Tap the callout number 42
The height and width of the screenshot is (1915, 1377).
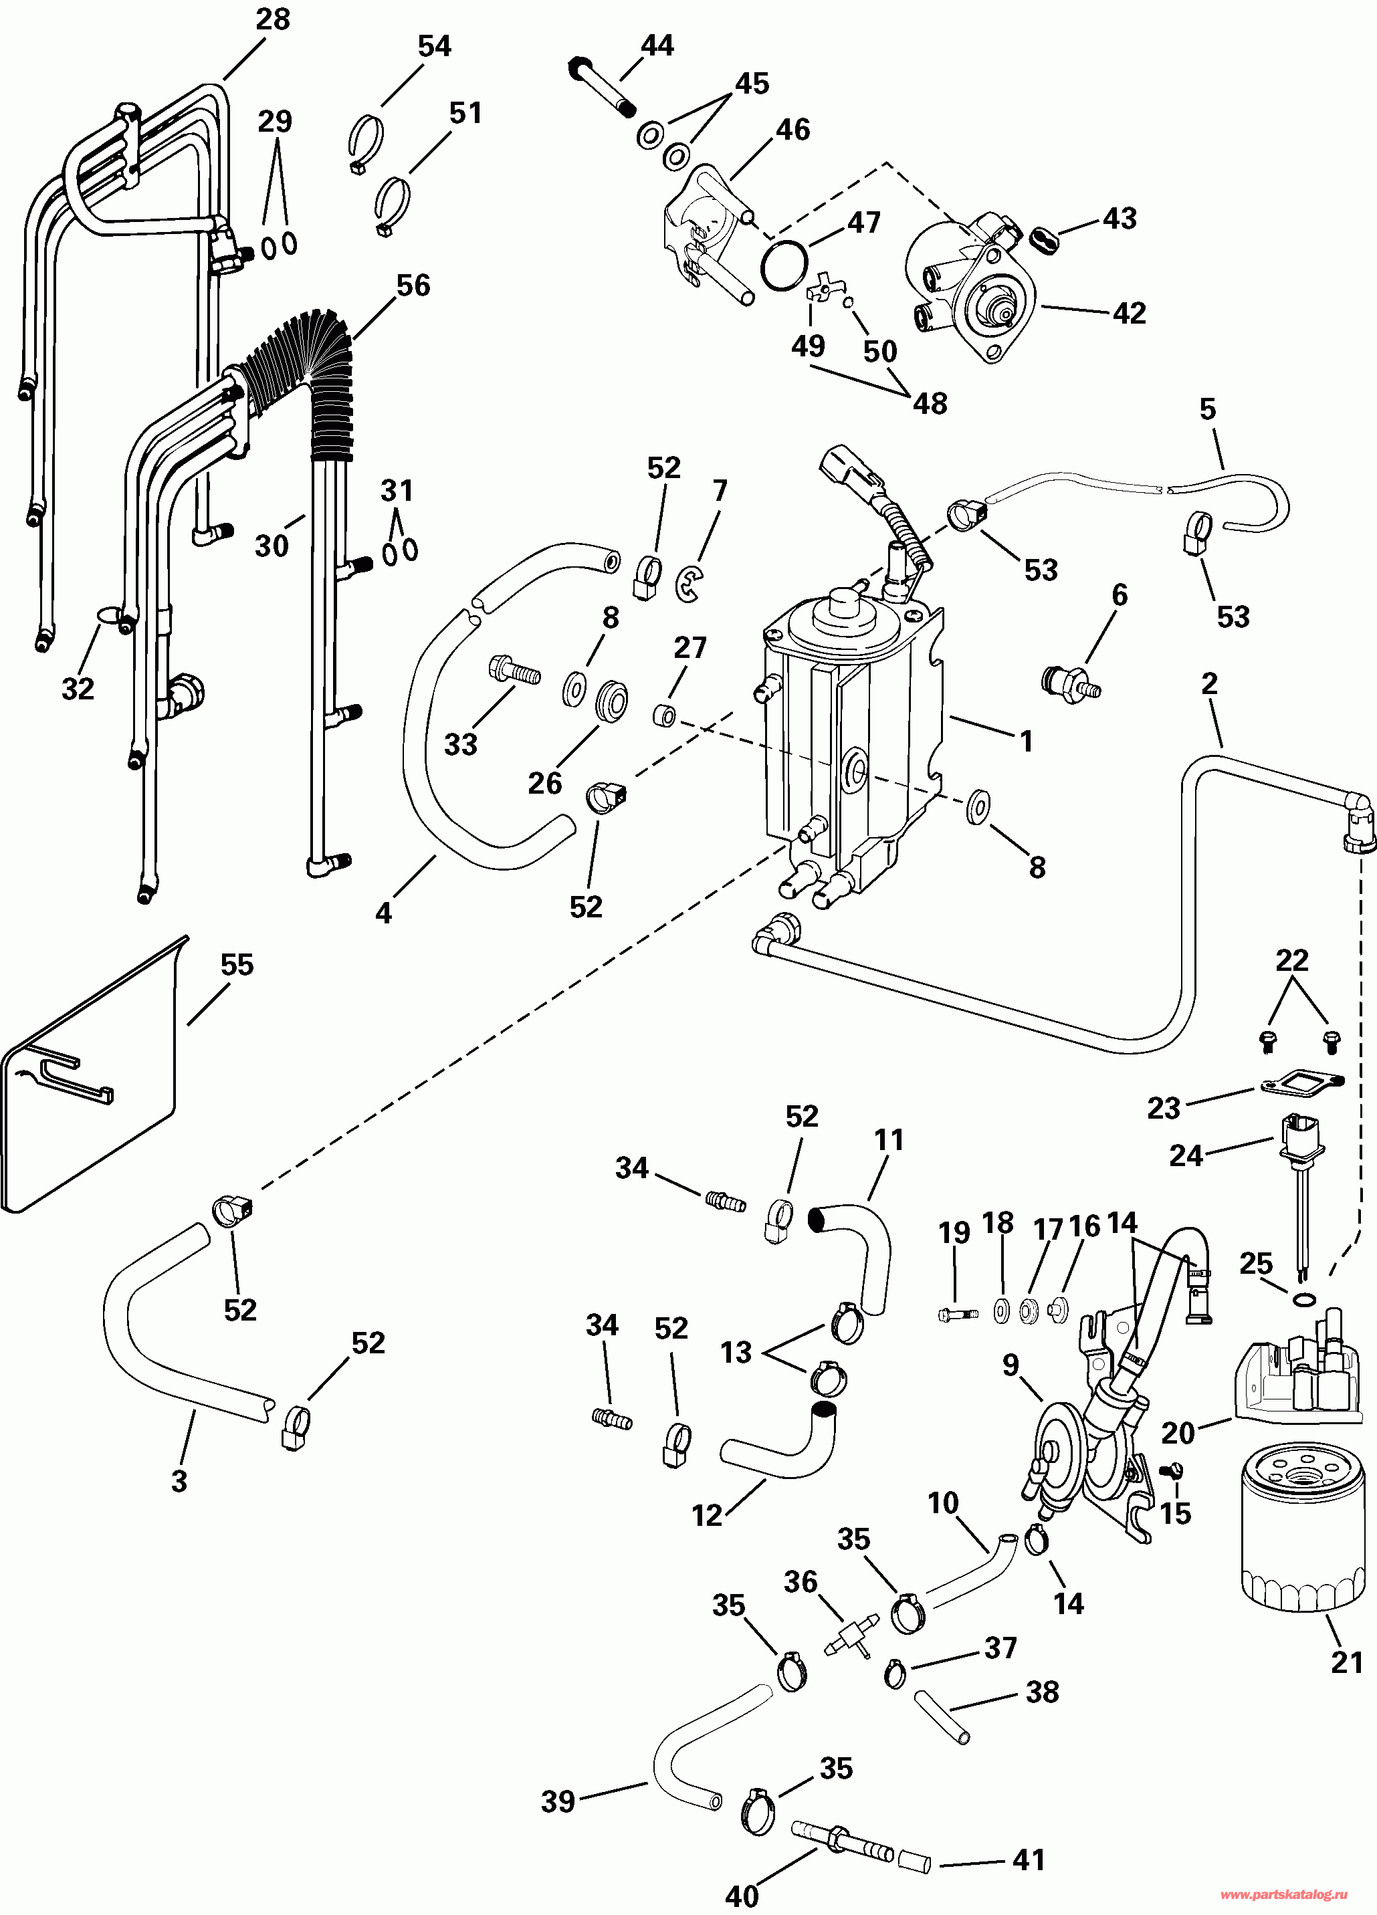point(1130,313)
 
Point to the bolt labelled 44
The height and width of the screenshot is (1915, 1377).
point(605,86)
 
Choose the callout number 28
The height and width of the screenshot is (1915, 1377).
point(273,19)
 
